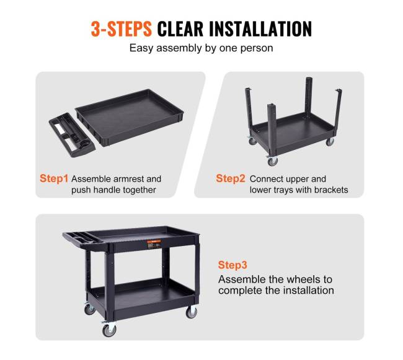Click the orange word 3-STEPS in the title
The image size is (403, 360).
coord(122,29)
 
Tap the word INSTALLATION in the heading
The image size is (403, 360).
coord(260,29)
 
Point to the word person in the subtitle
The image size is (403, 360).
coord(257,48)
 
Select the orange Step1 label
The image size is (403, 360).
coord(54,178)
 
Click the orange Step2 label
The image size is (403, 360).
coord(231,178)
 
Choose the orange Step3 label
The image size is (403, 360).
coord(232,265)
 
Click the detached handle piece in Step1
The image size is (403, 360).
coord(72,134)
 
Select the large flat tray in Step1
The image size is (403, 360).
coord(130,117)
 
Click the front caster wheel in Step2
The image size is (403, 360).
coord(273,162)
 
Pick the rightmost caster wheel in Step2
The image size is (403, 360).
coord(330,141)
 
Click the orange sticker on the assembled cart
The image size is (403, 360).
coord(154,242)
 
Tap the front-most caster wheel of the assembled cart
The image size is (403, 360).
coord(109,330)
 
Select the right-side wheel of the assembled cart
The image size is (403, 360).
coord(192,312)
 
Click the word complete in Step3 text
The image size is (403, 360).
coord(239,291)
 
